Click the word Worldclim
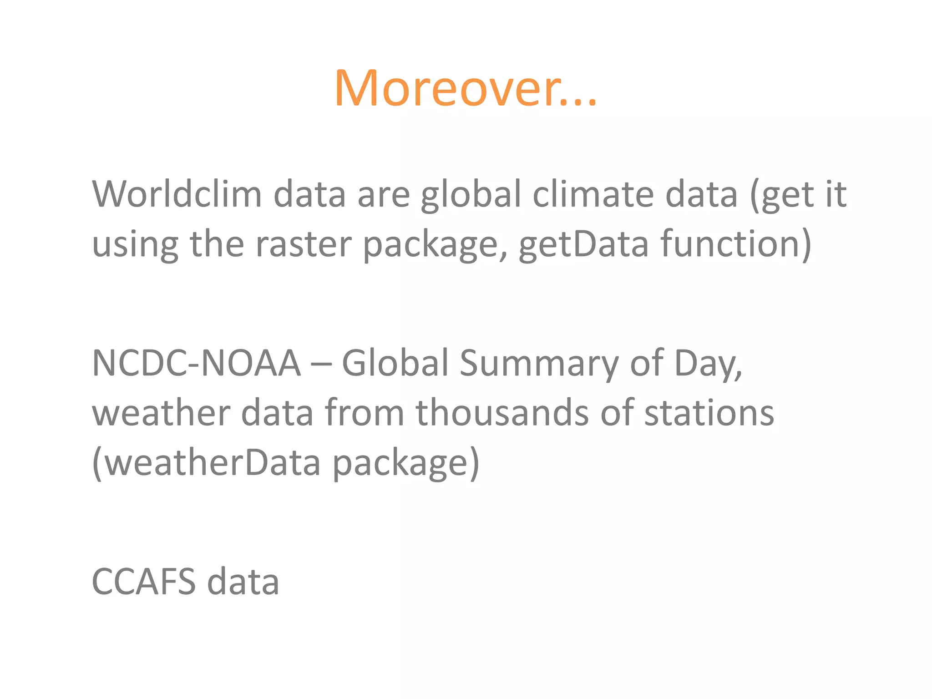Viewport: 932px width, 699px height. (177, 195)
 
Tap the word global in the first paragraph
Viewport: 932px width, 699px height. (471, 195)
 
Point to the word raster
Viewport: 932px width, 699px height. (304, 244)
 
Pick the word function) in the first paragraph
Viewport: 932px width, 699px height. (736, 244)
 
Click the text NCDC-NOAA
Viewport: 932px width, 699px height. (196, 363)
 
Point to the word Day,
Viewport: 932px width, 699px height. (708, 363)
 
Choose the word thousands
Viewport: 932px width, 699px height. (502, 413)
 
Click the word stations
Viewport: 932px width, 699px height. (709, 413)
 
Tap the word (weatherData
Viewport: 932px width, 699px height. (206, 462)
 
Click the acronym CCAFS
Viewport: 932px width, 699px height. (144, 582)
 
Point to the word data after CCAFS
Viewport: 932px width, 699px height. (243, 582)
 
